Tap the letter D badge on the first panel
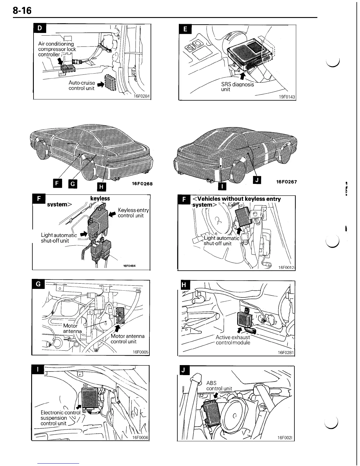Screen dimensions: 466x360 (40, 28)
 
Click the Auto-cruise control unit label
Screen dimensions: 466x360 (81, 85)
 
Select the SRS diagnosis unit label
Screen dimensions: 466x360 (237, 86)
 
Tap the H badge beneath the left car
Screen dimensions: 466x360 (101, 186)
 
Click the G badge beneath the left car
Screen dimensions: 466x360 (72, 183)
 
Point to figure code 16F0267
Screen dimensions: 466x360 (286, 182)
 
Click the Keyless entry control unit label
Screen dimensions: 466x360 (133, 213)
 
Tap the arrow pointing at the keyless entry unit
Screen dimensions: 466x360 (112, 214)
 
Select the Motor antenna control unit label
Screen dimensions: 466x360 (127, 339)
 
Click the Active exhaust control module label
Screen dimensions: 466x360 (233, 340)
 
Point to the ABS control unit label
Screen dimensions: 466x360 (219, 386)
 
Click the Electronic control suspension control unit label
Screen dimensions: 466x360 (58, 418)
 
